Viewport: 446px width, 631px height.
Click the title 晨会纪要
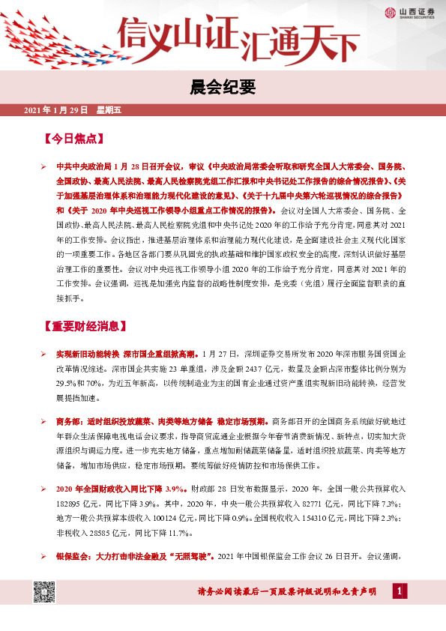click(223, 87)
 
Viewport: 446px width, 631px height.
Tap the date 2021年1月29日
click(56, 110)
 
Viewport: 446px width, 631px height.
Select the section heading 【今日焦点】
click(73, 139)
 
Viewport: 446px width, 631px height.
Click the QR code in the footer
click(43, 592)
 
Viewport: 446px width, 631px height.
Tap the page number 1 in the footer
click(402, 592)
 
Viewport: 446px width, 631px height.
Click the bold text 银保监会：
click(73, 557)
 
